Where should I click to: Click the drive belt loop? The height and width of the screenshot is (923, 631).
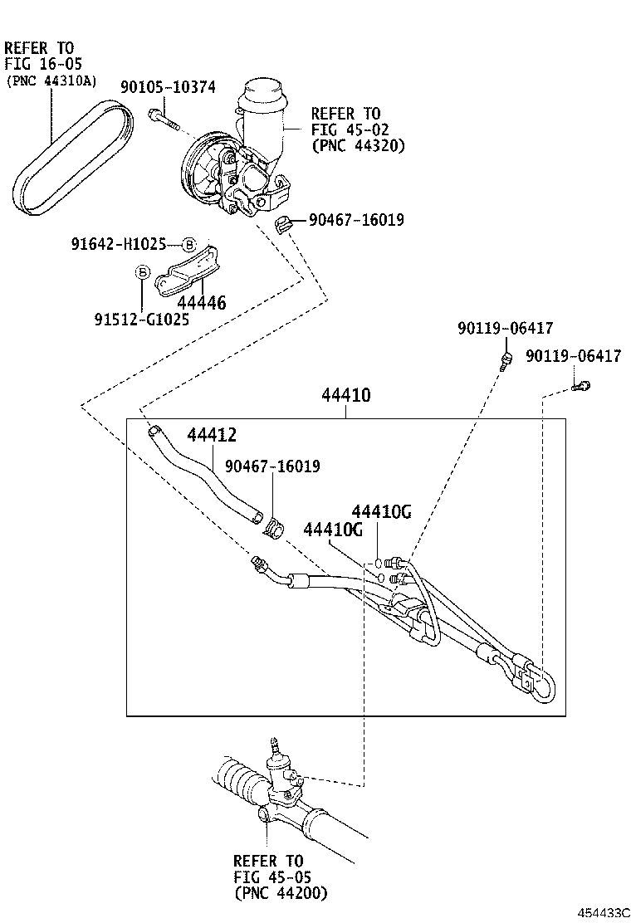[x=75, y=158]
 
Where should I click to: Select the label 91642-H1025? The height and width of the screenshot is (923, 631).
[x=119, y=244]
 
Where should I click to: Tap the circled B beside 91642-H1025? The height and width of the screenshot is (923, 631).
[x=188, y=244]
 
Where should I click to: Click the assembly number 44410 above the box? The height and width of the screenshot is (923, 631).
[x=346, y=396]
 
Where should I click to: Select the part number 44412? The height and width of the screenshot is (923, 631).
[x=212, y=434]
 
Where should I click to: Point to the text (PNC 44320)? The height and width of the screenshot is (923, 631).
[x=358, y=145]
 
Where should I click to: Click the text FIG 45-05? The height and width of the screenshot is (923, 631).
[x=268, y=877]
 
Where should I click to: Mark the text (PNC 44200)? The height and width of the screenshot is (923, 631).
[x=281, y=893]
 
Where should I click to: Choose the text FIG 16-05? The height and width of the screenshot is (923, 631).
[x=43, y=64]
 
